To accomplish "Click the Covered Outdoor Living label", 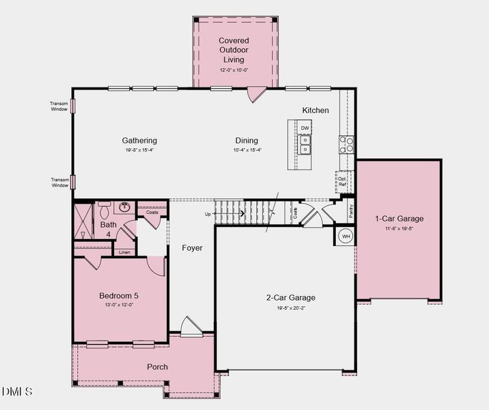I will pos(234,50).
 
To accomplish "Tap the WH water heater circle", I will pos(346,236).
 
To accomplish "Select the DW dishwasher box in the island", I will pos(305,128).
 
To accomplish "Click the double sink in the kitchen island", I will pos(305,144).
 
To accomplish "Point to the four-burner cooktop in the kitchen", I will pos(347,143).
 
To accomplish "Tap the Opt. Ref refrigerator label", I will pos(342,181).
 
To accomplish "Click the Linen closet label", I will pos(124,252).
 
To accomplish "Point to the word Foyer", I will pos(192,248).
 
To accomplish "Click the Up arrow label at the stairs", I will pos(208,214).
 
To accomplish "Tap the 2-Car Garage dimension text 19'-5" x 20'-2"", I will pos(291,308).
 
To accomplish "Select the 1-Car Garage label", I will pos(399,219).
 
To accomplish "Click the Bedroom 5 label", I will pos(119,296).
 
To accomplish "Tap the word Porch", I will pos(158,367).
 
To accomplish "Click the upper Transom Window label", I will pos(59,106).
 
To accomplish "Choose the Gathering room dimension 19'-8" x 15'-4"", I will pos(139,150).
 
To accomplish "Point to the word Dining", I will pos(247,141).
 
